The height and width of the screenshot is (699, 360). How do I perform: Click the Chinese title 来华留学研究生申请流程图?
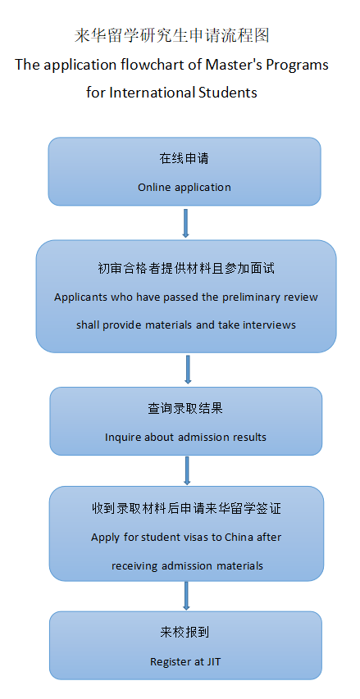click(x=172, y=36)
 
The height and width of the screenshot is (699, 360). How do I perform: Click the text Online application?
click(x=185, y=187)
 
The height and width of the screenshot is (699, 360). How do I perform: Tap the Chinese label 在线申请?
click(x=185, y=159)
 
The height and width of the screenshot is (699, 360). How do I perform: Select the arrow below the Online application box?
click(x=186, y=223)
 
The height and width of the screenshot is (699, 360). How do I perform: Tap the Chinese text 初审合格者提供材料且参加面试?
click(x=186, y=269)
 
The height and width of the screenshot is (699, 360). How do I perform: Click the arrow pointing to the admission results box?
click(x=188, y=370)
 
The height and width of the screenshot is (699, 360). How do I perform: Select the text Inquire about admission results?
click(x=185, y=438)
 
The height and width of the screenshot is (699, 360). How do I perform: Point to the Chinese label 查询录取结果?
click(x=185, y=409)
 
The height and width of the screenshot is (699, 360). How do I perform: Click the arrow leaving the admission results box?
click(x=187, y=470)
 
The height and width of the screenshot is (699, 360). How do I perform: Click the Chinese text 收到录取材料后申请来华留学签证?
click(x=186, y=509)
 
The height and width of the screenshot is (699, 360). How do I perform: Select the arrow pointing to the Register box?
click(x=186, y=596)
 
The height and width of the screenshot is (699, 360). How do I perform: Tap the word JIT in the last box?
click(x=214, y=662)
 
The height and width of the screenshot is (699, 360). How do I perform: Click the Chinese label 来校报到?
click(x=185, y=633)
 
